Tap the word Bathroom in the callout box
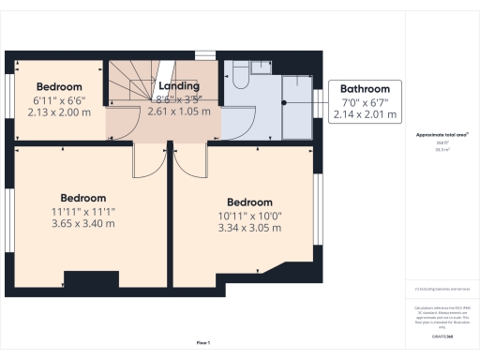365,89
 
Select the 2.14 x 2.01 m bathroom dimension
365,114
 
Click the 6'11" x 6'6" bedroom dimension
59,99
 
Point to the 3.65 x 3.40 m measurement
82,224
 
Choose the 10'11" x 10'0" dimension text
249,215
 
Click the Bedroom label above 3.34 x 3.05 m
249,202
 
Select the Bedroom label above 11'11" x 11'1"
82,198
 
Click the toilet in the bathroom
237,73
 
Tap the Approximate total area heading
442,135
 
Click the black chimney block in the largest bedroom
85,280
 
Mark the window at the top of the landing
203,54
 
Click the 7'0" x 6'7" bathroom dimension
365,102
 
